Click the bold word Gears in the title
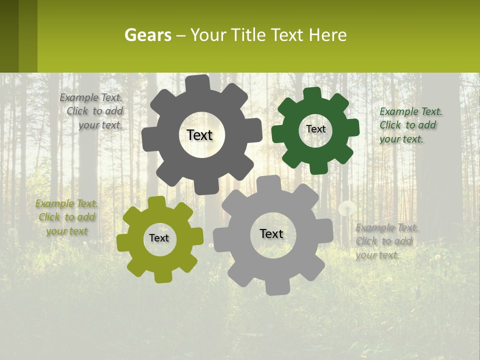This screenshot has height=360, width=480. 147,35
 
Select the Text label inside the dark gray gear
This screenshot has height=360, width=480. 199,135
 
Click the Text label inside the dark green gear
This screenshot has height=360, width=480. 315,129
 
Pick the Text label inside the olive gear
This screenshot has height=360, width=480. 159,238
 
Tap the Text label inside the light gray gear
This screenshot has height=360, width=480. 271,233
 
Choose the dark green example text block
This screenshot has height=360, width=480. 410,125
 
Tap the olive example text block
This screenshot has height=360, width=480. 66,217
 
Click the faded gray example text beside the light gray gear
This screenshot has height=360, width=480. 386,241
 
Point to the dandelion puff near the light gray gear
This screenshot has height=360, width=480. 347,208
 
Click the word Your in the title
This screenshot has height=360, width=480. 209,35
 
